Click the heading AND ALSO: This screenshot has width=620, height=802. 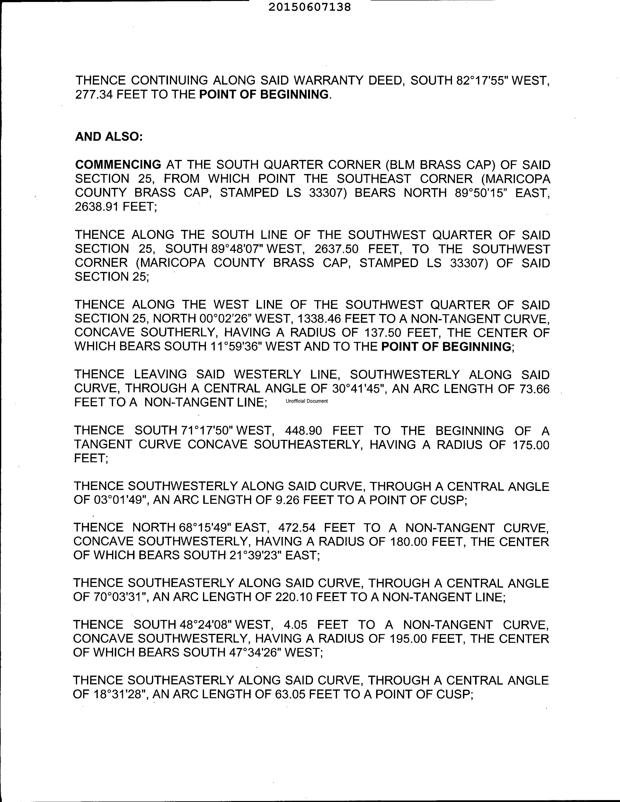click(109, 137)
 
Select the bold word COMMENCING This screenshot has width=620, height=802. click(118, 165)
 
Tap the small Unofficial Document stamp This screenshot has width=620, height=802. click(307, 401)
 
